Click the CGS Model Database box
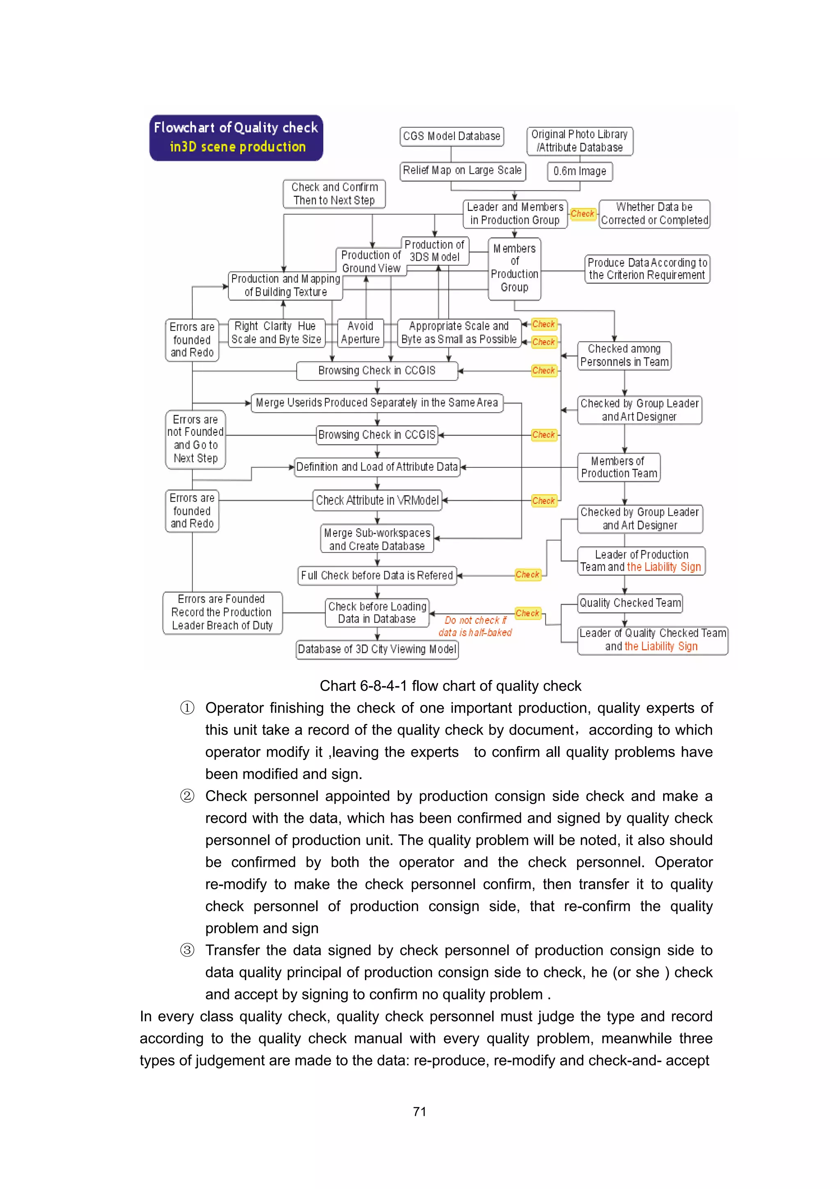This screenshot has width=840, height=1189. tap(451, 137)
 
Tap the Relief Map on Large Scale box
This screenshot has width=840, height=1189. tap(462, 171)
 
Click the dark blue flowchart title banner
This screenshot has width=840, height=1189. tap(236, 138)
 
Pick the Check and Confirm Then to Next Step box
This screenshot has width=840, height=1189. tap(334, 194)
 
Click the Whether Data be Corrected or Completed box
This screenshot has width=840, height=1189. tap(654, 214)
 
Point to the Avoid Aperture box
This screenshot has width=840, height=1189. tap(360, 333)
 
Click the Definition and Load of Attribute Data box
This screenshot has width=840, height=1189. tap(377, 467)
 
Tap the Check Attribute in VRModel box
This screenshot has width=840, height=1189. tap(377, 501)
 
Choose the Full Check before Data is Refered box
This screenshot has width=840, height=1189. tap(377, 576)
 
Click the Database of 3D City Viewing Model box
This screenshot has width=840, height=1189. tap(377, 649)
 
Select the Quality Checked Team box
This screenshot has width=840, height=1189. tap(630, 603)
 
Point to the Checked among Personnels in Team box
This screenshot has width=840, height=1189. tap(624, 356)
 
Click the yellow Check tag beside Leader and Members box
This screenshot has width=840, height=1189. tap(582, 214)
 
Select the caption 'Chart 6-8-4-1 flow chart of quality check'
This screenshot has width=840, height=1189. tap(450, 686)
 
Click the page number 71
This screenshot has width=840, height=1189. tap(420, 1112)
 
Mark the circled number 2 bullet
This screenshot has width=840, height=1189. tap(187, 796)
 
